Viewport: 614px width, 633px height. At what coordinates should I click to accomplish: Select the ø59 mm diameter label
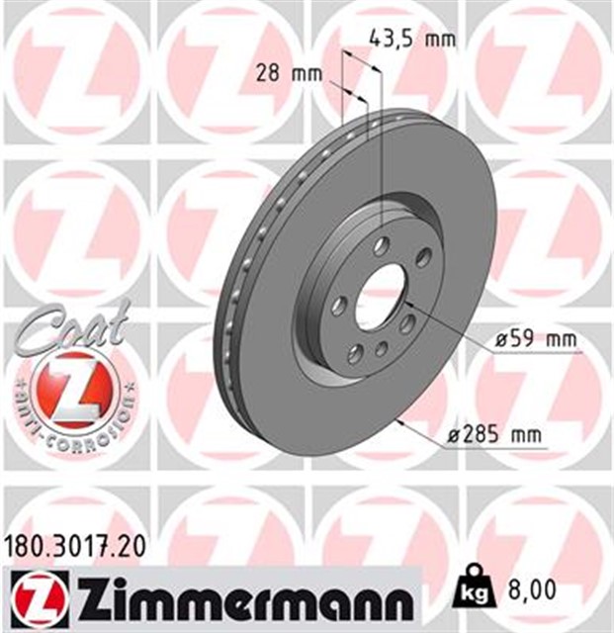pyautogui.click(x=534, y=340)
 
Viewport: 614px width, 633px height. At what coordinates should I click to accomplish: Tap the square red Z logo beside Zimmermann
pyautogui.click(x=37, y=597)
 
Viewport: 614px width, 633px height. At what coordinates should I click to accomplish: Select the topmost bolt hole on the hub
pyautogui.click(x=383, y=247)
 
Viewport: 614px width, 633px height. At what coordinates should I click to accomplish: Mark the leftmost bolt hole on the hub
pyautogui.click(x=337, y=306)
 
